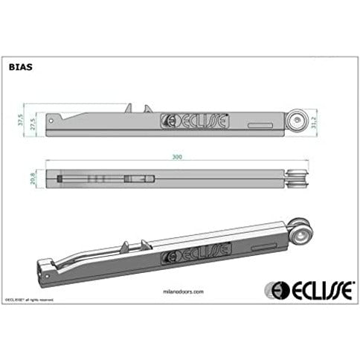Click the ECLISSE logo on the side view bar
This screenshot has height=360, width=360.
point(195,120)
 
